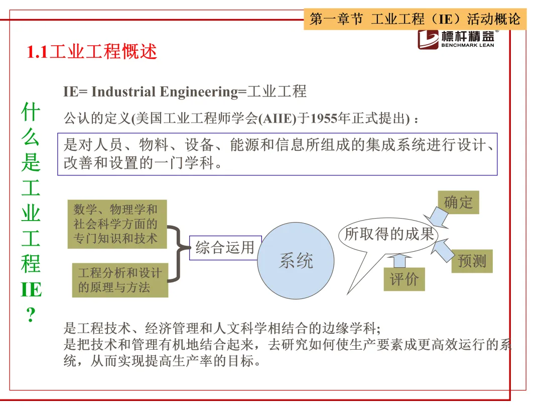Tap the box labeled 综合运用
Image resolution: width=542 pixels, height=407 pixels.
[x=225, y=248]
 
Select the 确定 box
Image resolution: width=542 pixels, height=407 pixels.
[x=458, y=202]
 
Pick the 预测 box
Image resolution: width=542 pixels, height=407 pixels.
[x=472, y=261]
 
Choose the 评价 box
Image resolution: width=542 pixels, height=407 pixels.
[x=404, y=279]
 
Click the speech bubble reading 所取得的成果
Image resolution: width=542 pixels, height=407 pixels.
[x=388, y=234]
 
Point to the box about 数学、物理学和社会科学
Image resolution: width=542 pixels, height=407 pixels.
[x=116, y=224]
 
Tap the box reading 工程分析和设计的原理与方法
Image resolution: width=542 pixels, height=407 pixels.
[x=120, y=280]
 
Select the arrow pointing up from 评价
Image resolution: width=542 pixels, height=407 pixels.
[x=399, y=260]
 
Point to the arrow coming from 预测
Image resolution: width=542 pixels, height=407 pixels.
[x=445, y=250]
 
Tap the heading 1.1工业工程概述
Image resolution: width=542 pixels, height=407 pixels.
[x=92, y=52]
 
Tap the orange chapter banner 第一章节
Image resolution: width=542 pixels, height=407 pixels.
[x=415, y=19]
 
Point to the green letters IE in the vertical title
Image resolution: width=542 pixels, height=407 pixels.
[x=31, y=290]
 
